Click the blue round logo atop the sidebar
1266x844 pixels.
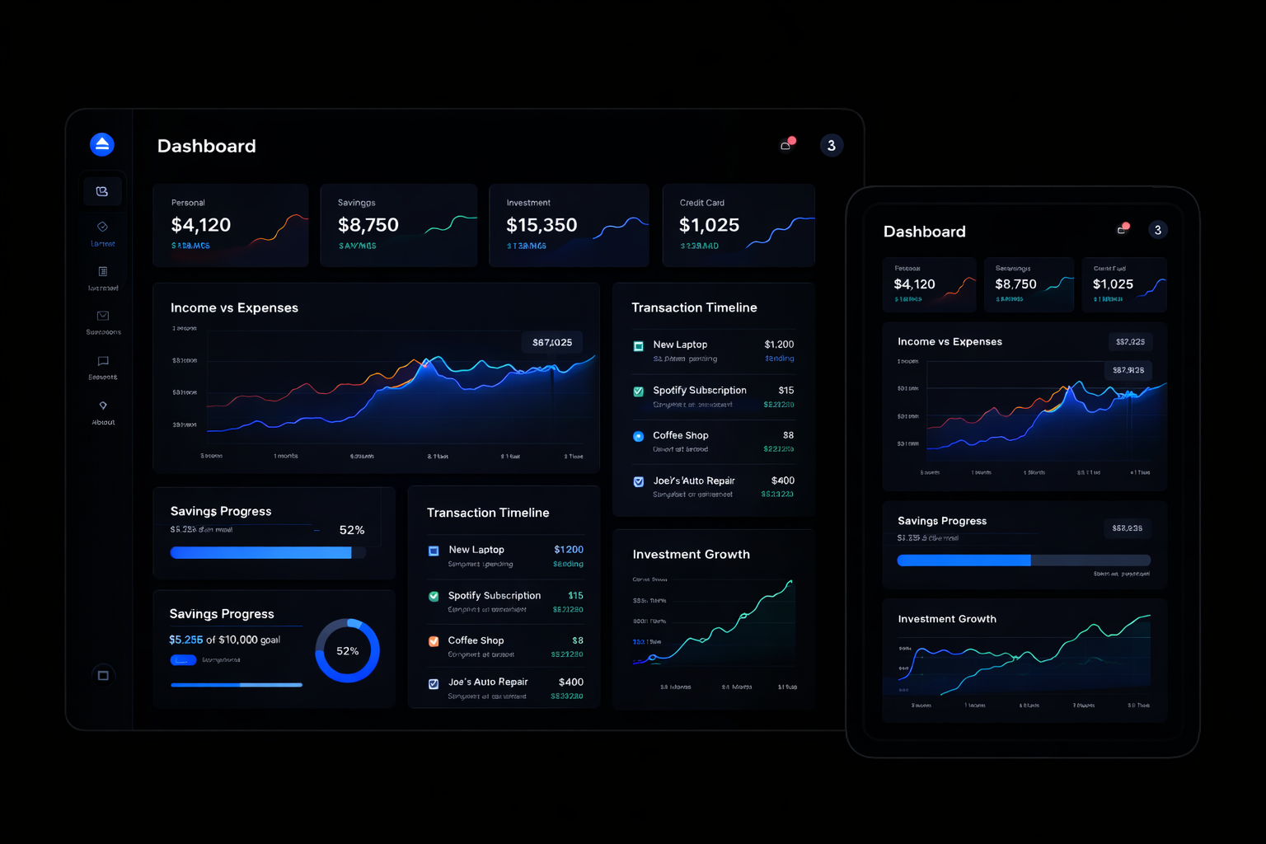102,144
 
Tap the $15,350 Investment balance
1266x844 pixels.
542,225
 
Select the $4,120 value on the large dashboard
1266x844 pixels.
200,225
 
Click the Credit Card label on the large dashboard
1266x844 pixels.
701,203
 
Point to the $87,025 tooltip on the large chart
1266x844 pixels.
552,342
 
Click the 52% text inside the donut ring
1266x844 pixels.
347,651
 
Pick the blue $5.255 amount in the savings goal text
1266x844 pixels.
185,640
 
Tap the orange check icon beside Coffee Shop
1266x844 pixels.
434,641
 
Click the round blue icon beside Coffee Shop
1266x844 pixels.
638,436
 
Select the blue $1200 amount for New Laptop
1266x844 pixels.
569,550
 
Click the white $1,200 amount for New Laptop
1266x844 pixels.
779,345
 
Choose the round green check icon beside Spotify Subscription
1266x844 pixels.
434,596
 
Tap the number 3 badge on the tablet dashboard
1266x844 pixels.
1158,230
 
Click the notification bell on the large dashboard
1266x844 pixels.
786,146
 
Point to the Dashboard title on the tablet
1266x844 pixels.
924,232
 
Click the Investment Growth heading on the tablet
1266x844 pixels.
946,619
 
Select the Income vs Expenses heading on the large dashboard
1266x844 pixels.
234,307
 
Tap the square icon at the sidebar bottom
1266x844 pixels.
103,675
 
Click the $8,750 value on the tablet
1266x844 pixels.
1015,284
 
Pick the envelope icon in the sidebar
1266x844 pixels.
103,316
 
